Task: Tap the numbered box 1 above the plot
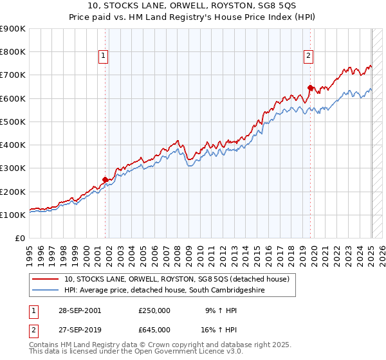(104, 57)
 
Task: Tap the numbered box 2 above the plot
(309, 57)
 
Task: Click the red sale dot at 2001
(106, 180)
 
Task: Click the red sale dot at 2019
(310, 87)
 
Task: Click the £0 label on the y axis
(20, 239)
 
